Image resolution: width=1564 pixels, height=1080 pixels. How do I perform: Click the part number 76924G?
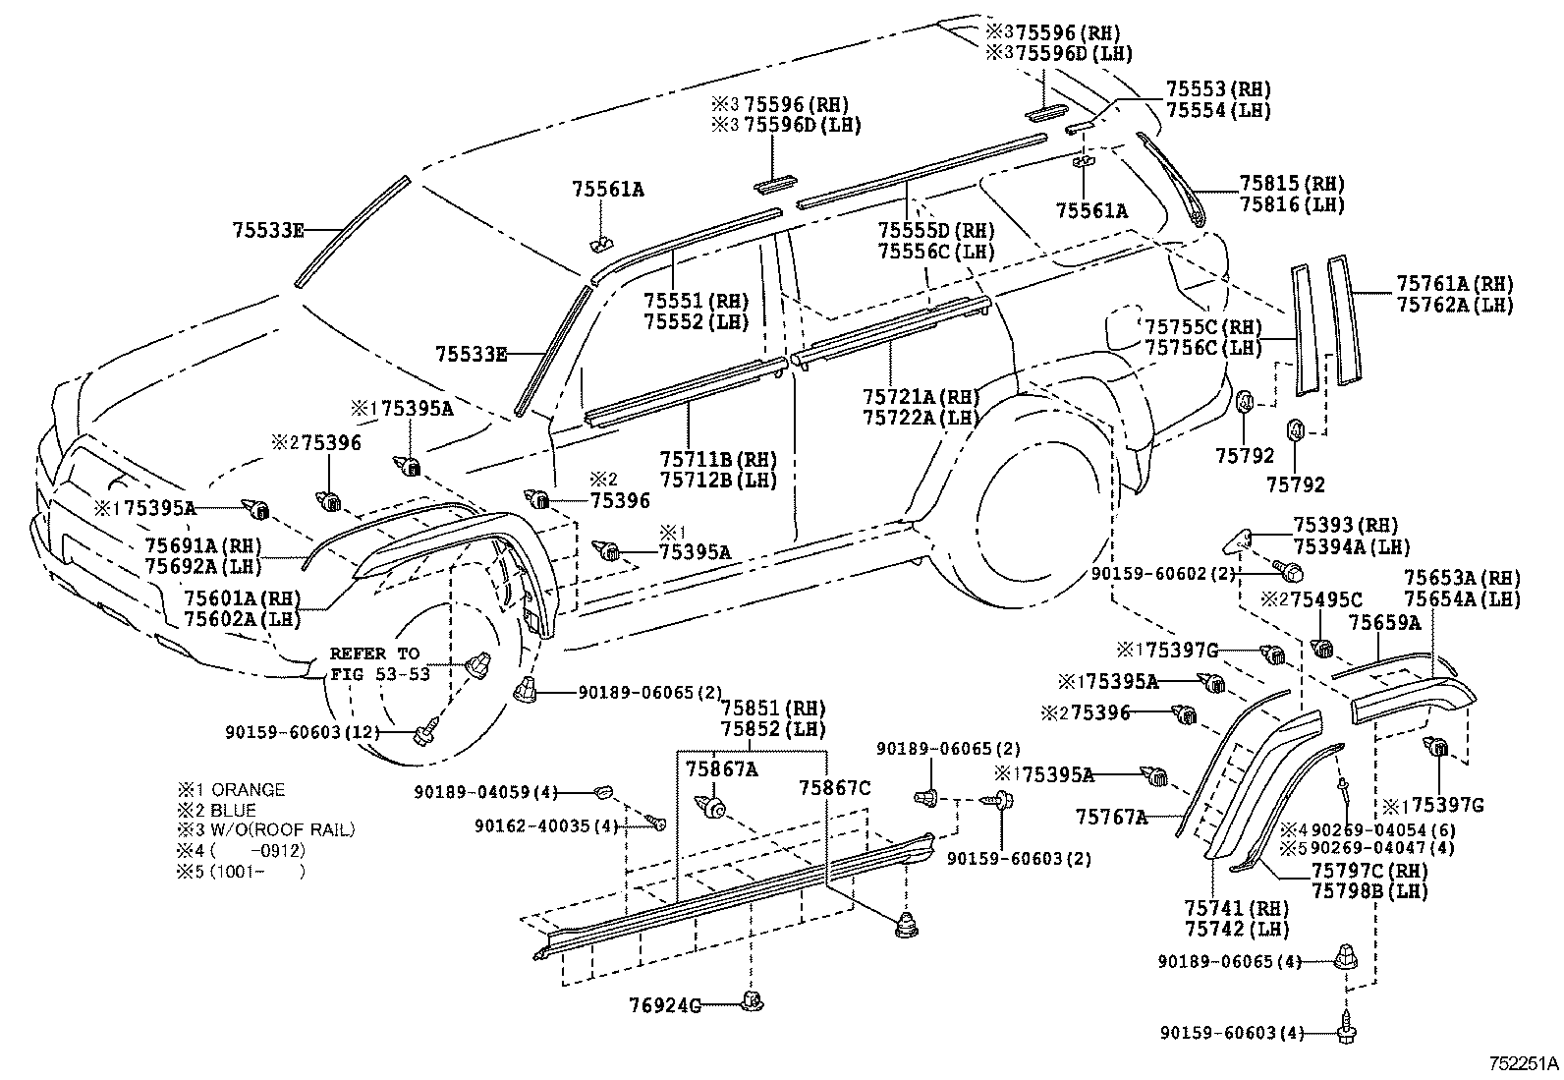665,1004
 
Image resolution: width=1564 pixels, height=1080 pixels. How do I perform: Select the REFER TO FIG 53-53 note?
374,663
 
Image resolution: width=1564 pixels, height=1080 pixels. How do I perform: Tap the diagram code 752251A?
1523,1063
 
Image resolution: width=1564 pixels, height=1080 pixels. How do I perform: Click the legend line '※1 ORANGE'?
231,790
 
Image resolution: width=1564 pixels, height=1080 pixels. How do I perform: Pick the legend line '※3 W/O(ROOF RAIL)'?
265,829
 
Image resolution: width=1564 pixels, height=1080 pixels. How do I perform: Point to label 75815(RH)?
1291,184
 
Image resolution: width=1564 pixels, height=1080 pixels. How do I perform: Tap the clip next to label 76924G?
753,1002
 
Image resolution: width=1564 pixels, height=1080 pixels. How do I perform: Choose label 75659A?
1384,622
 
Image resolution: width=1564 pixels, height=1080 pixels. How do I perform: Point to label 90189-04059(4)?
485,791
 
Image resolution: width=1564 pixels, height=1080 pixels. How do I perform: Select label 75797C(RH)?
1369,871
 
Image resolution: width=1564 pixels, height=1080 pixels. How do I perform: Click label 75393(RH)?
1345,526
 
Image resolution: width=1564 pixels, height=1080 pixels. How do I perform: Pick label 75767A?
1111,816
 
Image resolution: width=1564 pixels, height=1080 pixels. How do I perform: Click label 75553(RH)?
1218,88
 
